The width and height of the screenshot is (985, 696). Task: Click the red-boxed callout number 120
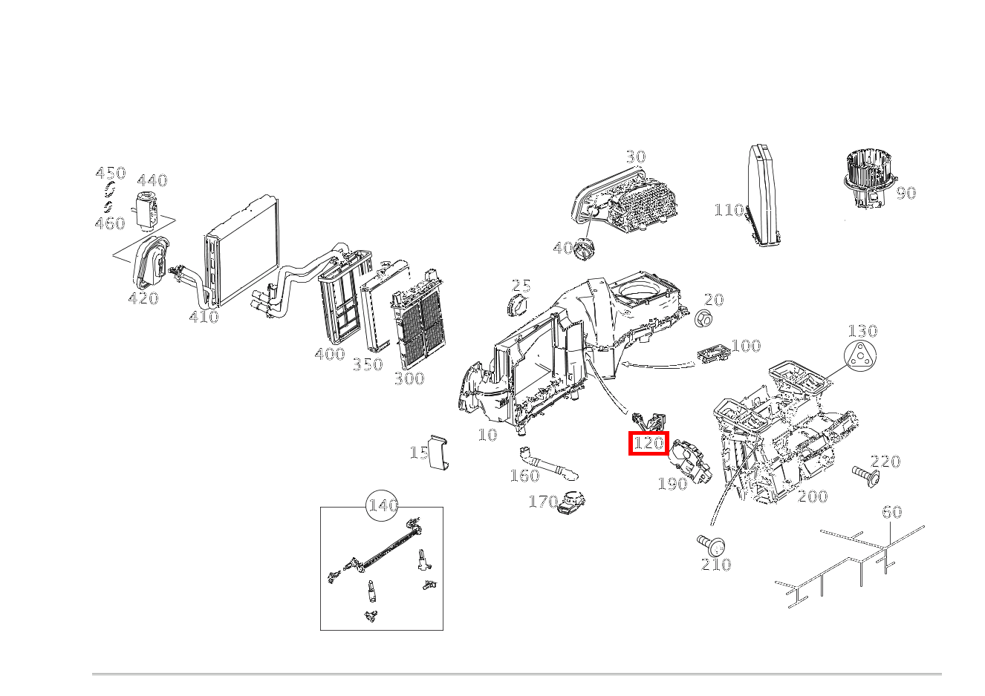tap(648, 444)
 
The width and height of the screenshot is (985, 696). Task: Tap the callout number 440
tap(152, 180)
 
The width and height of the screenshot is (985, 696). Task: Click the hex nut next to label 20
tap(703, 319)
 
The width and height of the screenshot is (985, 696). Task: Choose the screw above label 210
tap(712, 544)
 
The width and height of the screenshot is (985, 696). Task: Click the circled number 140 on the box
tap(383, 506)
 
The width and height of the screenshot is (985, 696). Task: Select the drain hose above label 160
tap(546, 463)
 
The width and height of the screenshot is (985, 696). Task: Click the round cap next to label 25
tap(516, 303)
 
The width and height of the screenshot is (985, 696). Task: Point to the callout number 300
tap(409, 379)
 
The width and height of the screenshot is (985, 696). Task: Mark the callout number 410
tap(204, 317)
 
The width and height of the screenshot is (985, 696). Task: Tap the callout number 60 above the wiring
tap(891, 512)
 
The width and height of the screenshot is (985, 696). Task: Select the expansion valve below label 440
tap(146, 209)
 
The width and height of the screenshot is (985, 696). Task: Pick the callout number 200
tap(813, 496)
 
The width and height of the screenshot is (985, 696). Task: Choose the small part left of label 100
tap(713, 355)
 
